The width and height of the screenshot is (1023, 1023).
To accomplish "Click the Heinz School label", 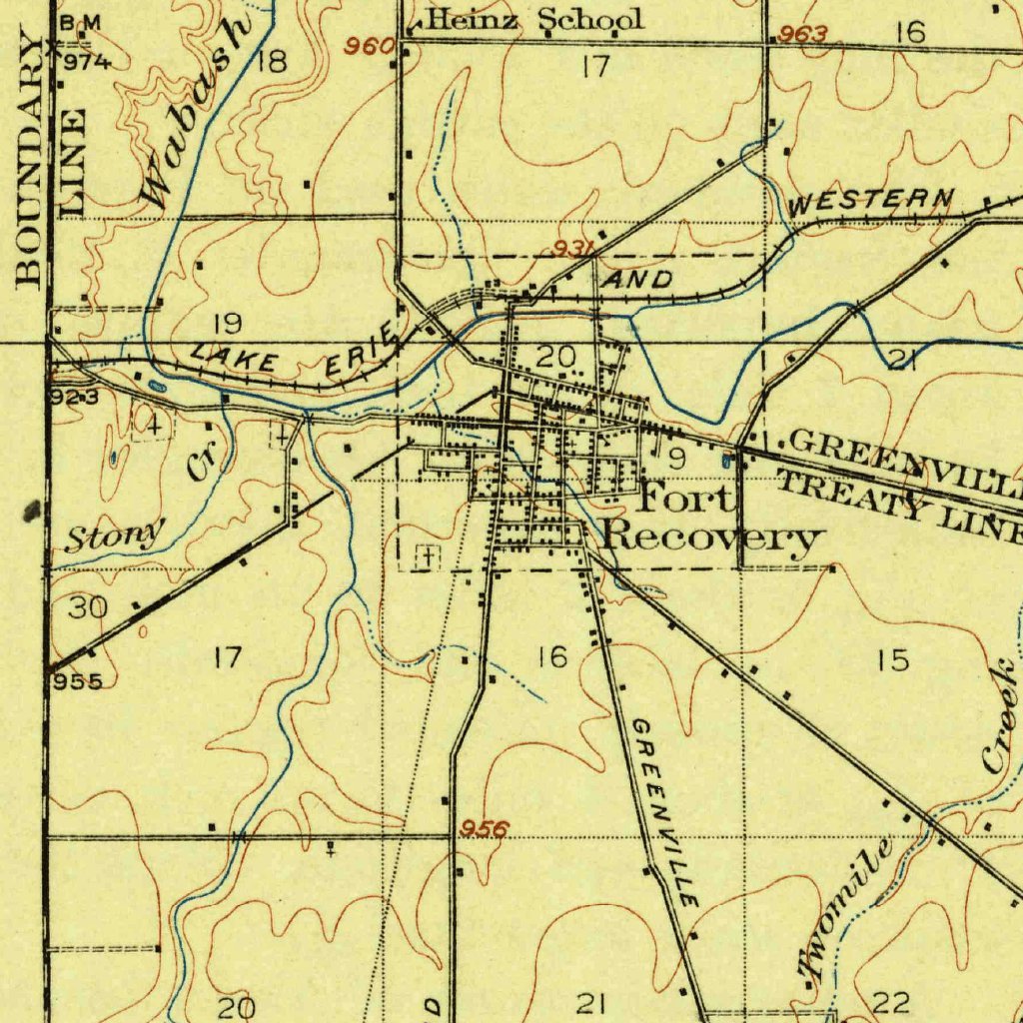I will (x=535, y=19).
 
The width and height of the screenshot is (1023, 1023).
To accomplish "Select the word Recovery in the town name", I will (x=713, y=537).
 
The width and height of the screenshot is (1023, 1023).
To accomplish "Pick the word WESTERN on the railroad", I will (x=870, y=201).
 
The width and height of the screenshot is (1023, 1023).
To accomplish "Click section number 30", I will (x=88, y=607).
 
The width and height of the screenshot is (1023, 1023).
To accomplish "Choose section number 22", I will (x=891, y=1002).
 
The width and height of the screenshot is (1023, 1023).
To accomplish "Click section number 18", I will (x=272, y=62).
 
